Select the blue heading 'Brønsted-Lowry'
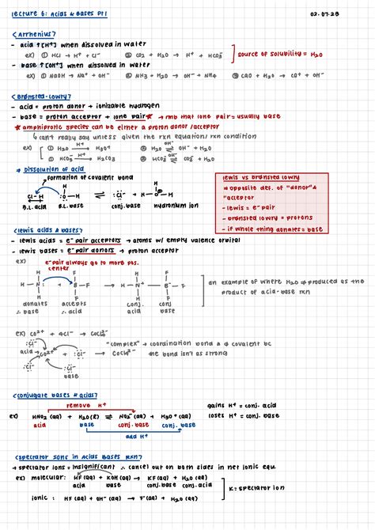pos(44,95)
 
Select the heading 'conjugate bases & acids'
pos(55,395)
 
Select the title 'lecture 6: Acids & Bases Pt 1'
pos(62,12)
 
